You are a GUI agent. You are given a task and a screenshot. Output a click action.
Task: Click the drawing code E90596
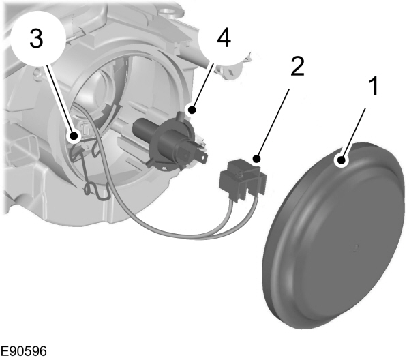[x=23, y=351]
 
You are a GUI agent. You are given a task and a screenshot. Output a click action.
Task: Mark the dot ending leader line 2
[x=258, y=159]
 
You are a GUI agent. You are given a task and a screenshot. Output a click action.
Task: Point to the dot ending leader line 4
[x=192, y=108]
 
